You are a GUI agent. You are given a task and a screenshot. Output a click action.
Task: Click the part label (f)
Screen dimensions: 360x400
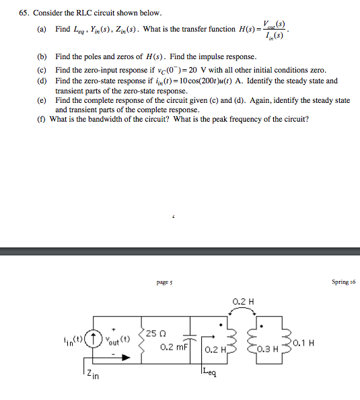coord(42,119)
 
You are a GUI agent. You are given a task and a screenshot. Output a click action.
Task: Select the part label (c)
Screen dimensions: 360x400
coord(42,70)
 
